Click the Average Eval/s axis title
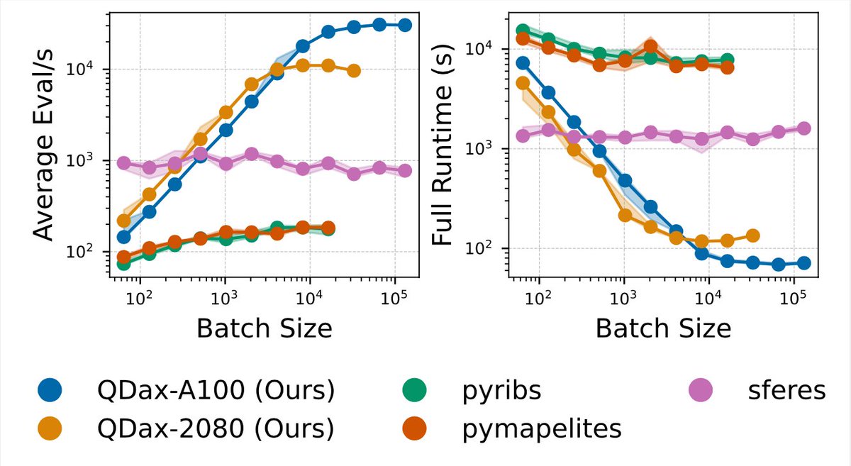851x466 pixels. [43, 145]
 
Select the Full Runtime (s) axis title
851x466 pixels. [443, 145]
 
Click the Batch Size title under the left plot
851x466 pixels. [265, 329]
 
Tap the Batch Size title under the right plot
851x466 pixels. [663, 329]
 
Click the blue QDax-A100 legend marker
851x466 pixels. [50, 390]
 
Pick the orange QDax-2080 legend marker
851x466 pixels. [50, 428]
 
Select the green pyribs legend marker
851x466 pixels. [414, 390]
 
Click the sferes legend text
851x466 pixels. [786, 390]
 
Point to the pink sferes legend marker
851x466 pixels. [701, 390]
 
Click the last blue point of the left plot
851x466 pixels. [405, 26]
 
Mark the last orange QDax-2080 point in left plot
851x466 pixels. [354, 71]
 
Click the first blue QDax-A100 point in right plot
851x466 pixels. [523, 63]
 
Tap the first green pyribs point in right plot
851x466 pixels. [523, 30]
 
